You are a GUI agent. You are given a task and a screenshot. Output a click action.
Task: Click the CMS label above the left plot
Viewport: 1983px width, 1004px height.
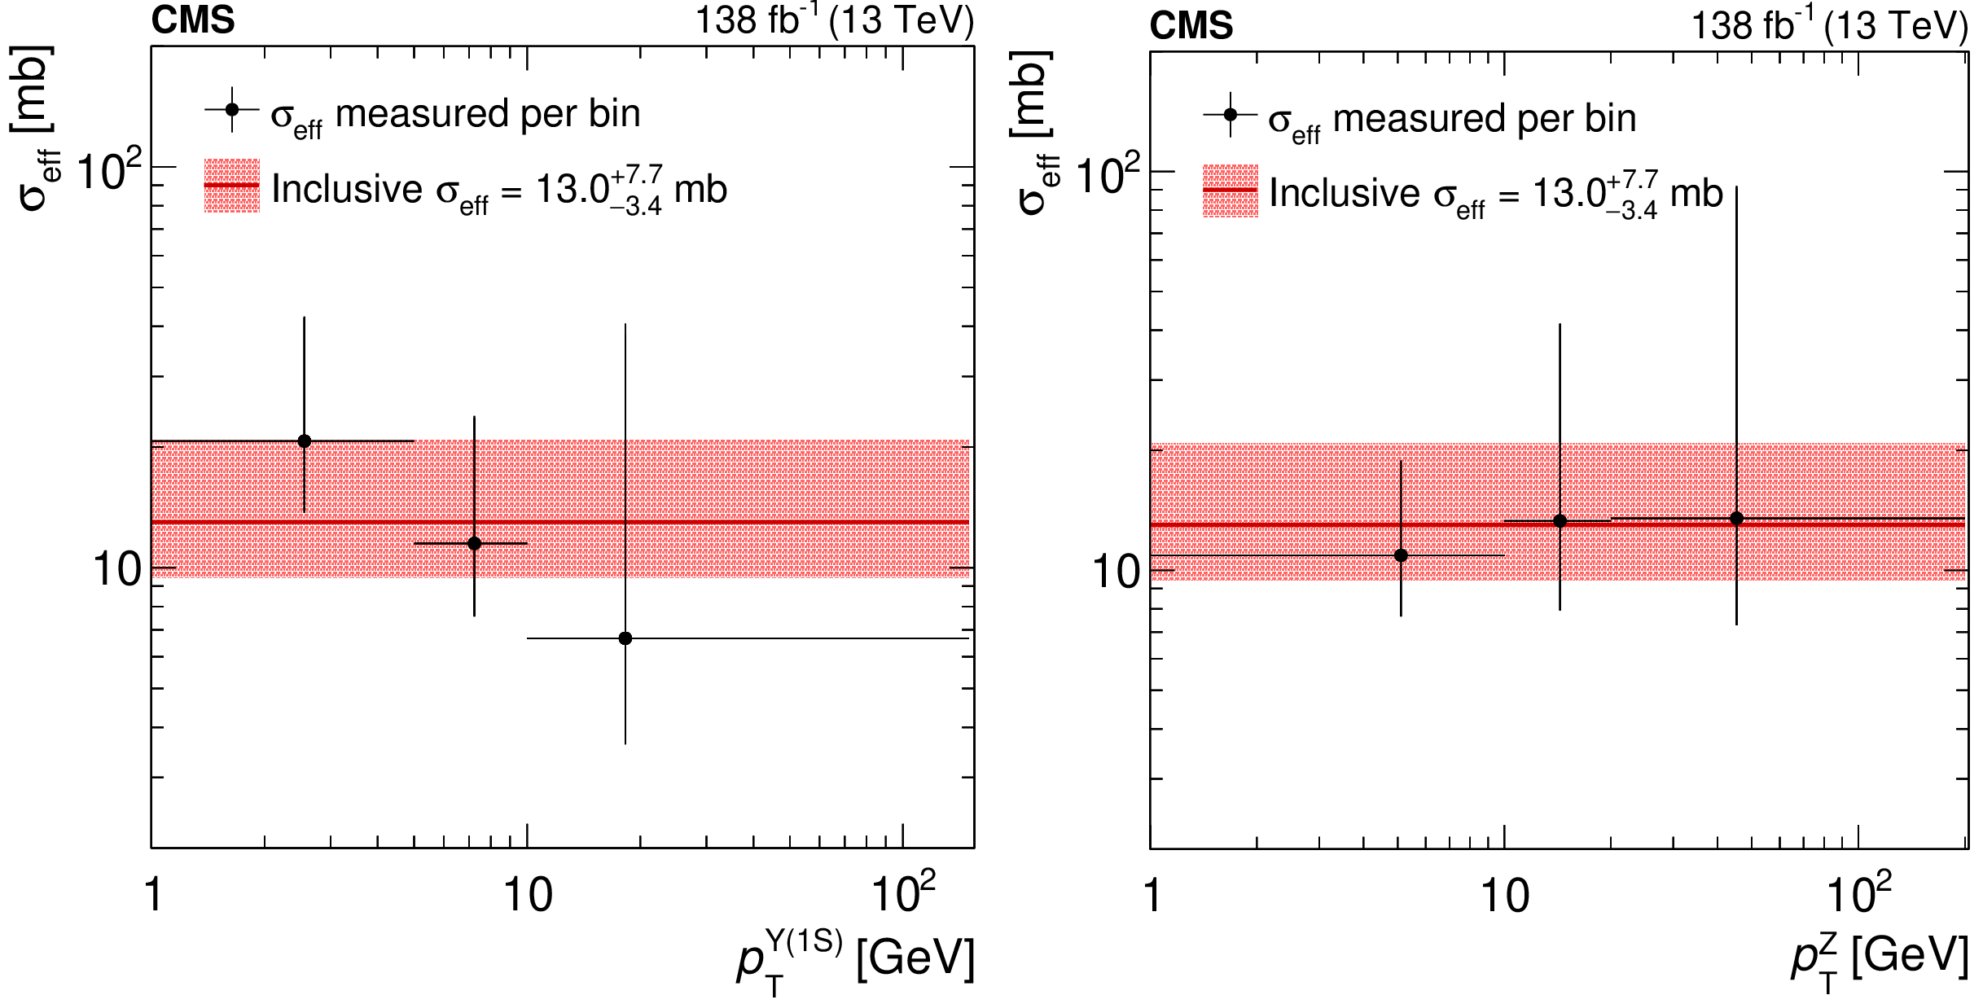point(193,20)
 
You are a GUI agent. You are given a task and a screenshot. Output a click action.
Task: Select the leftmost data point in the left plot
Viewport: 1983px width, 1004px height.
point(305,441)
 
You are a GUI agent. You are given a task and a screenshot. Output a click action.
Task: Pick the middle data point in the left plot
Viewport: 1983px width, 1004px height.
point(474,543)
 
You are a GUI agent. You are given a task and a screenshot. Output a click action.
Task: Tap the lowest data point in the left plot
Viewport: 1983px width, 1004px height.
point(625,638)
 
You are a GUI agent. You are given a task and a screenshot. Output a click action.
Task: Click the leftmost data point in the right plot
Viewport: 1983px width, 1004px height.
point(1401,555)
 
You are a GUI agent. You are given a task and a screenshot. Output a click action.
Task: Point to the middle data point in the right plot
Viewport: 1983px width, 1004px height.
point(1560,521)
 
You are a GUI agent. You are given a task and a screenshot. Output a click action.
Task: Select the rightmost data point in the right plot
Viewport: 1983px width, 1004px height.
point(1736,518)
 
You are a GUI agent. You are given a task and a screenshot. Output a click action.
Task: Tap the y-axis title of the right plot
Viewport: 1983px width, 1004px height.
point(1033,134)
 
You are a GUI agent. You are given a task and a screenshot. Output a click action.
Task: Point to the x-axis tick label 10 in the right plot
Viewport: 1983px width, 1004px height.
point(1504,896)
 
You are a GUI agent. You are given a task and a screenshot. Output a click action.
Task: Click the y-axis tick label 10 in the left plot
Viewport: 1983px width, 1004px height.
point(116,569)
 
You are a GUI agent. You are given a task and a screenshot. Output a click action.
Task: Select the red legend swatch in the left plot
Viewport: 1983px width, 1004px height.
point(232,186)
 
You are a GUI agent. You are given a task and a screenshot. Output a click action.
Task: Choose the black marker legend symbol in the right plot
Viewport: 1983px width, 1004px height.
point(1230,115)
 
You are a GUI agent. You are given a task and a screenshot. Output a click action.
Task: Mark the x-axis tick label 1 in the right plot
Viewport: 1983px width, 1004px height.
point(1152,896)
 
